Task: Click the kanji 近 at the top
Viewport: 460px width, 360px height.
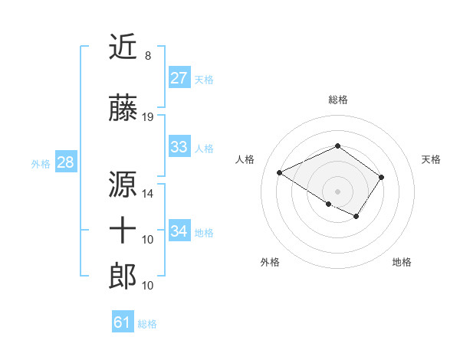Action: pos(123,48)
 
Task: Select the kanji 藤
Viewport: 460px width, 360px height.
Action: pos(123,109)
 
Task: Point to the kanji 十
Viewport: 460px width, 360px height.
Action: pos(123,230)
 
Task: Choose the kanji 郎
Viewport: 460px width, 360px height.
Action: pos(123,275)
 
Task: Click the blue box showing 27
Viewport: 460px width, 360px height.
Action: pos(179,78)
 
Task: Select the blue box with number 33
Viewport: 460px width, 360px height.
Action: pos(179,147)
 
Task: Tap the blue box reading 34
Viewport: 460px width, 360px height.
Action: pos(179,231)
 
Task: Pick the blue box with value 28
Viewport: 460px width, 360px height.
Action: pos(65,162)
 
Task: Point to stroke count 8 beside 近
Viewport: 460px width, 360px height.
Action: pos(148,56)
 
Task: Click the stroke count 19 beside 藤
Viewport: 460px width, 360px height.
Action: pos(148,117)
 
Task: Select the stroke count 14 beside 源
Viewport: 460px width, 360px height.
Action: pos(148,193)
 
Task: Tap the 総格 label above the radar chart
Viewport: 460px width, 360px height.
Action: pos(337,100)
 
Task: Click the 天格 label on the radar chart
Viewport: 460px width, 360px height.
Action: pos(431,159)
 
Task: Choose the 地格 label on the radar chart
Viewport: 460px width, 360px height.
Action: pos(402,262)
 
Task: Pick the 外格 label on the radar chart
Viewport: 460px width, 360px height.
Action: pos(270,262)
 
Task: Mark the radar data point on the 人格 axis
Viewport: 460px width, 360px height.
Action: pos(280,173)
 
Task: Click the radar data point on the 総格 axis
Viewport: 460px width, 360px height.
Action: pos(337,146)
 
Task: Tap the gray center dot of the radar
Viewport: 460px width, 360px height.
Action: pos(337,191)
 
